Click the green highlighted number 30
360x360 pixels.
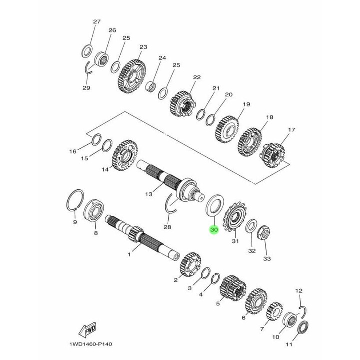tap(214, 230)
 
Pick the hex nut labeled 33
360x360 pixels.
tap(263, 233)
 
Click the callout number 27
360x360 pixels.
tap(97, 22)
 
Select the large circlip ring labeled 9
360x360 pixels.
tap(74, 201)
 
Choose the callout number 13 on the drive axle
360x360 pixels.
tap(147, 194)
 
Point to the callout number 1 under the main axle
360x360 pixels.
tap(129, 254)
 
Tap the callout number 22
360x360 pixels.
tap(197, 77)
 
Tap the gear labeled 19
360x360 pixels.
tap(227, 128)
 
